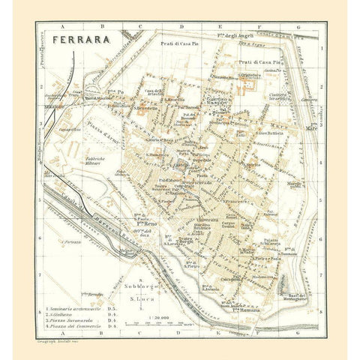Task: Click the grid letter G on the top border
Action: tap(298, 27)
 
